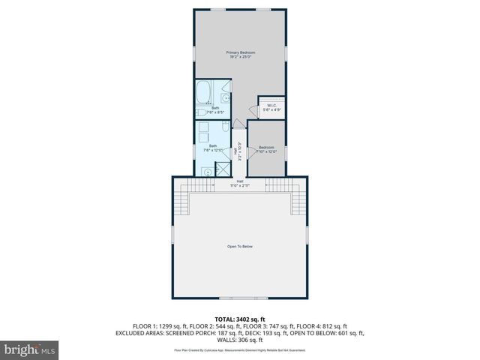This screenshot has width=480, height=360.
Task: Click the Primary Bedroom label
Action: [241, 52]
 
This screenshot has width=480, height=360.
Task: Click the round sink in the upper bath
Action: [225, 98]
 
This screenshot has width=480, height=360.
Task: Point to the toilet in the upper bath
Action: [202, 113]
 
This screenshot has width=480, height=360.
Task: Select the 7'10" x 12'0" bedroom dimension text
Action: [267, 151]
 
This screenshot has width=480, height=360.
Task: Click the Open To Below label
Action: [240, 247]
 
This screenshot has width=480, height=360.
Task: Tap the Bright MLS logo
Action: [30, 349]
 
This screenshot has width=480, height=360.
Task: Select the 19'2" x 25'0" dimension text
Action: [241, 56]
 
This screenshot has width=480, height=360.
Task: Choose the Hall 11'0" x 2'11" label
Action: [240, 182]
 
